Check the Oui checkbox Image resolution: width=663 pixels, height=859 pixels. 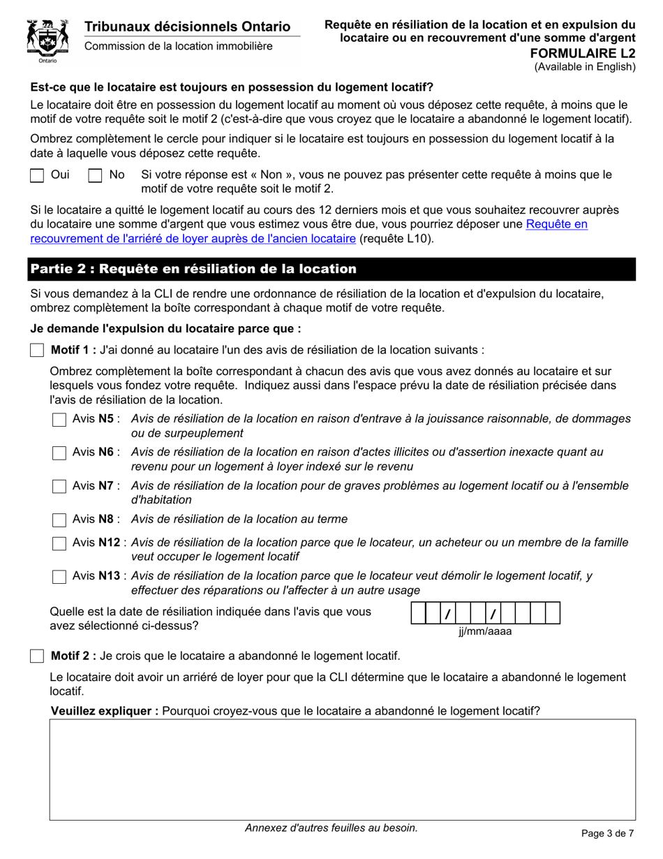point(37,175)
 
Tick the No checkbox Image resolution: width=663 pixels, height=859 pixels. point(95,175)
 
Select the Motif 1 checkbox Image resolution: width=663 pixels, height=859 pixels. point(37,350)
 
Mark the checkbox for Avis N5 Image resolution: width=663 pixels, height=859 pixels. point(59,420)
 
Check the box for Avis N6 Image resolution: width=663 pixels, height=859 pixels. point(59,453)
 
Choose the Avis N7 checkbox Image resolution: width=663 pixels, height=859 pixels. point(59,487)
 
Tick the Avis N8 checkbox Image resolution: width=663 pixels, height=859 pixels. point(59,520)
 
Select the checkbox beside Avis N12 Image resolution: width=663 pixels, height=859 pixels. point(59,543)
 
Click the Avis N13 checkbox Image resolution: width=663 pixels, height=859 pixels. point(59,577)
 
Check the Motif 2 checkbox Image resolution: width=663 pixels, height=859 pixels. point(37,656)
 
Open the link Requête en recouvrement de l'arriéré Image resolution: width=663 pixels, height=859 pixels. point(308,232)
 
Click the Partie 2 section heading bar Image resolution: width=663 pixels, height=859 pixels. point(332,269)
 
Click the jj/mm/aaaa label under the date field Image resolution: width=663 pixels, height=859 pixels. point(485,631)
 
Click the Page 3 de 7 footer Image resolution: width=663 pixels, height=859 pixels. point(607,832)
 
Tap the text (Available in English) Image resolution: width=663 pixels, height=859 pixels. point(585,67)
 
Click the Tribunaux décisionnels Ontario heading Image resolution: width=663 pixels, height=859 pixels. point(187,27)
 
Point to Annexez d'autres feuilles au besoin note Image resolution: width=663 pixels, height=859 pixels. point(331,828)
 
